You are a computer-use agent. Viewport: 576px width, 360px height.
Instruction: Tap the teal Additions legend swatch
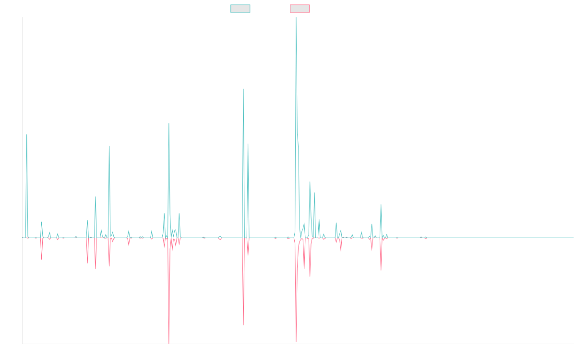(x=240, y=9)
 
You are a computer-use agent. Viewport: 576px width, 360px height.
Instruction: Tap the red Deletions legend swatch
(x=300, y=9)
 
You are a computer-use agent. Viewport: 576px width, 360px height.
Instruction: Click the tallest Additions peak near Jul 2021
(x=296, y=18)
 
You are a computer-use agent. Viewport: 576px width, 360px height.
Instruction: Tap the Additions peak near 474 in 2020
(x=243, y=89)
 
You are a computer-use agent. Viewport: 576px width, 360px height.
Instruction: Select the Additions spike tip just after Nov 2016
(x=27, y=135)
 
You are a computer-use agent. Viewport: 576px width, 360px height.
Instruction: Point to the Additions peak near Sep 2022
(x=381, y=205)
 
